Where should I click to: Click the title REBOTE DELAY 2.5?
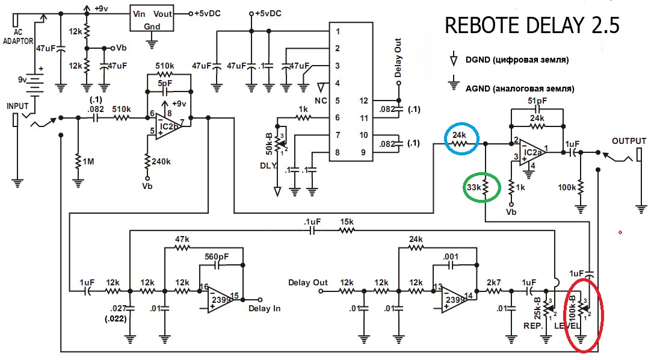(x=532, y=25)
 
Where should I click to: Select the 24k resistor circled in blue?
(x=459, y=143)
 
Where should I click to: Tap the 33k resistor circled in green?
(x=485, y=187)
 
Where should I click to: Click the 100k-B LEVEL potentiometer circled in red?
(x=581, y=309)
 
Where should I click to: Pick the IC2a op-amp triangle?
(x=532, y=152)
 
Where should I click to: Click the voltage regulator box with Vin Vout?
(x=152, y=19)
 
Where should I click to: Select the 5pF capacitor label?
(x=165, y=84)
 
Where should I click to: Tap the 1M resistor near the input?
(x=78, y=162)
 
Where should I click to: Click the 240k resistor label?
(x=161, y=161)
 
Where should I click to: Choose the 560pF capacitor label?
(x=217, y=256)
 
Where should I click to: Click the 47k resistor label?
(x=182, y=240)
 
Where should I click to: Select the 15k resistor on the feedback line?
(x=347, y=231)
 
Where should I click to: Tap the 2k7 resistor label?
(x=493, y=282)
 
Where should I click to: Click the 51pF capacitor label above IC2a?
(x=537, y=101)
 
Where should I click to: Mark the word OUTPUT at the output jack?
(x=629, y=141)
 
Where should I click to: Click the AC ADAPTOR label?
(x=18, y=37)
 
